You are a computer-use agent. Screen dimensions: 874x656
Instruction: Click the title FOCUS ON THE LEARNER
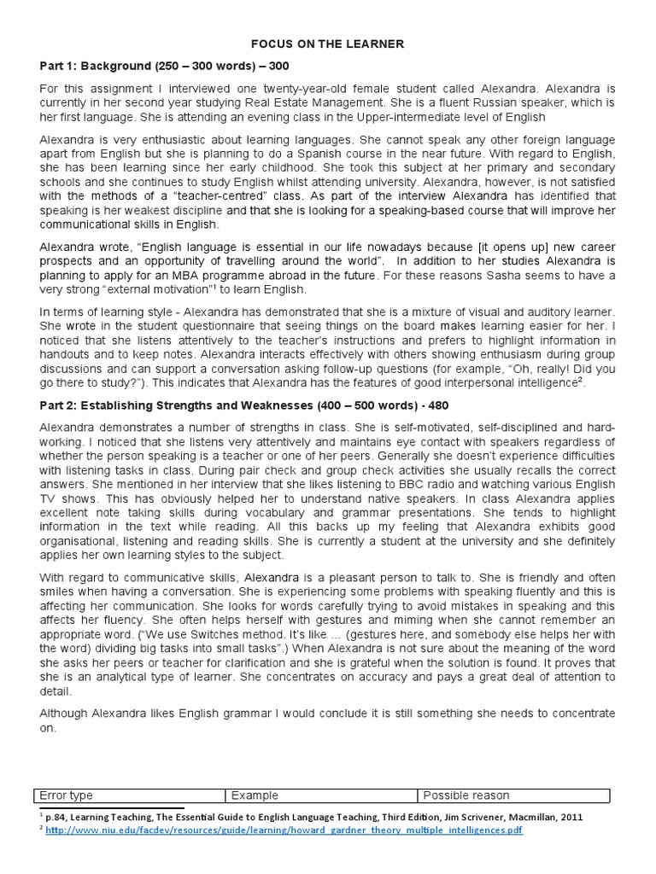click(x=327, y=43)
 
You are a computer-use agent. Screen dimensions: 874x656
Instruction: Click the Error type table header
click(x=67, y=795)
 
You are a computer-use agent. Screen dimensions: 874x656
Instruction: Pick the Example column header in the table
click(x=255, y=795)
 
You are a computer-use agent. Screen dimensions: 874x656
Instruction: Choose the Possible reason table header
click(x=466, y=795)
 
